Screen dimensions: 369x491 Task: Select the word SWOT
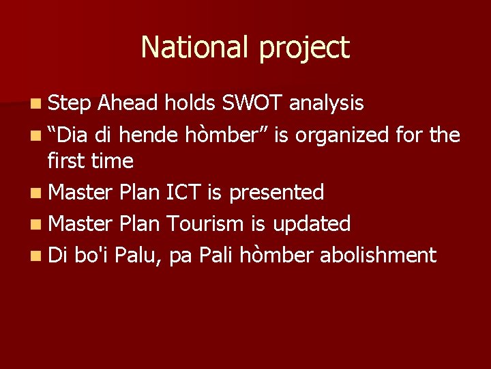(x=252, y=102)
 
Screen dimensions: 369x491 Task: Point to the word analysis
(x=327, y=104)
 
